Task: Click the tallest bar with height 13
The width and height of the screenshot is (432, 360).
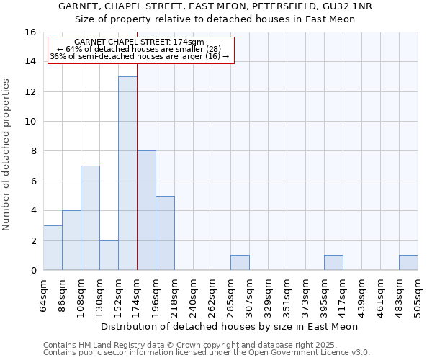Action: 127,173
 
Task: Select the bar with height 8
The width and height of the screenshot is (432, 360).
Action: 146,210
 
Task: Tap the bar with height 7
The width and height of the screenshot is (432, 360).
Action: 90,217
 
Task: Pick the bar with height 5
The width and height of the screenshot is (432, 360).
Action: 165,233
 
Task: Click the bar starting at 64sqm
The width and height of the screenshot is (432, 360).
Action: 53,248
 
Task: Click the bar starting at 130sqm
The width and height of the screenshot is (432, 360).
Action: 109,255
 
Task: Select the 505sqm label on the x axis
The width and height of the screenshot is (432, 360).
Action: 418,294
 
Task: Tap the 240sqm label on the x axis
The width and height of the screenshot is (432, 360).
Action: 194,294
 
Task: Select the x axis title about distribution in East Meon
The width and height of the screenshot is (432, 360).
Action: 230,327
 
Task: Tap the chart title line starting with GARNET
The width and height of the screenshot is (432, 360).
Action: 215,6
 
